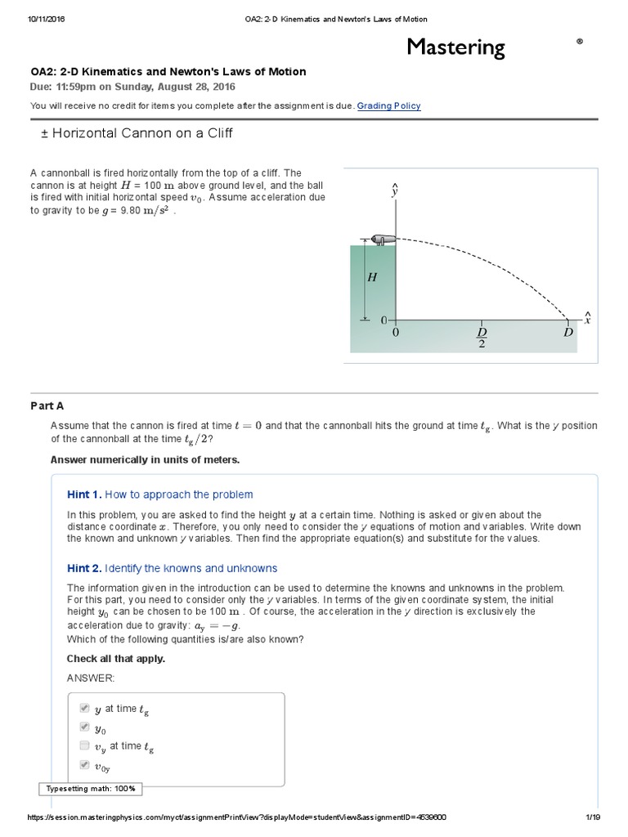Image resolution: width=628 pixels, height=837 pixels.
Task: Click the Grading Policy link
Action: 389,105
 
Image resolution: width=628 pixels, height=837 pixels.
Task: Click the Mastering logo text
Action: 456,47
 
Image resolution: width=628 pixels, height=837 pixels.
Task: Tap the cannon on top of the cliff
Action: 382,239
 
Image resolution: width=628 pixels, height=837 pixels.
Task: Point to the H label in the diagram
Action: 372,277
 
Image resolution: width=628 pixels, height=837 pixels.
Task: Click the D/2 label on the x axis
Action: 482,338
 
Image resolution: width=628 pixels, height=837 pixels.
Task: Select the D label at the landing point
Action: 567,333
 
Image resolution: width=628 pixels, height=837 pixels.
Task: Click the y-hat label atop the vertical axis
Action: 395,191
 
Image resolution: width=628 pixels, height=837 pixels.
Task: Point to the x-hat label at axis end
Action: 586,318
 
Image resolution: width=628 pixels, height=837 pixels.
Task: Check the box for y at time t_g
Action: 84,709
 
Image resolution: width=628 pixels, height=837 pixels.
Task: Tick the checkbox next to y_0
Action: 84,727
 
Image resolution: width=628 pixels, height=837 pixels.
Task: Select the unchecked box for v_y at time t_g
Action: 84,745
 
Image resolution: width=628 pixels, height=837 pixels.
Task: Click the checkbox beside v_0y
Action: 84,765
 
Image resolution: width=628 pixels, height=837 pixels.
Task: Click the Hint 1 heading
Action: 159,495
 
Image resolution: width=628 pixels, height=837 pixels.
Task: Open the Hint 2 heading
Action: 172,568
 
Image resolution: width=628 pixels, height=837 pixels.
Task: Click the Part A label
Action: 47,406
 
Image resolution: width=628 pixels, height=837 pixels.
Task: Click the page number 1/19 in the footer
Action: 593,817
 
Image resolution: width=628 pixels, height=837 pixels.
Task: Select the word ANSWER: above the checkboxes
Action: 90,678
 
